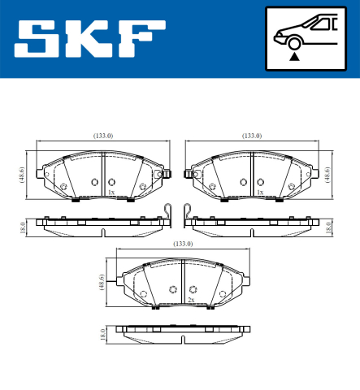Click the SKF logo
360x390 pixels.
85,39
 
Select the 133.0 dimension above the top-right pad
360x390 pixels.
252,136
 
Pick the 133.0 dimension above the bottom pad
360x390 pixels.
183,244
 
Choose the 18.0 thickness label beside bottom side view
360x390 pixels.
102,333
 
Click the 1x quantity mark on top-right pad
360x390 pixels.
260,193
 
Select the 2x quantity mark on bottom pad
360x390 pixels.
190,301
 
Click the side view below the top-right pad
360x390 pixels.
252,223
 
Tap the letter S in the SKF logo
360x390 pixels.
37,39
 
